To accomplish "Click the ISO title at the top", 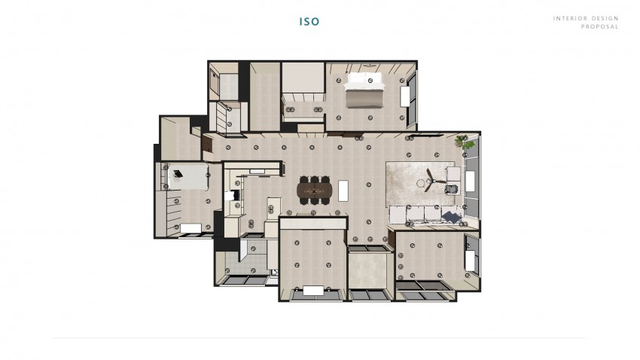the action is [309, 22].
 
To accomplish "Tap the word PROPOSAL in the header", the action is [599, 26].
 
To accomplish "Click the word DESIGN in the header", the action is [605, 18].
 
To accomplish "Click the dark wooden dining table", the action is [314, 191].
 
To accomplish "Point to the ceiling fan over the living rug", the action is [432, 180].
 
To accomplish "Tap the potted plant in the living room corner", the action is [464, 142].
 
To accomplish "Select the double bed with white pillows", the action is [365, 90].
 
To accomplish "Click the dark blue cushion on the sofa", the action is [452, 216].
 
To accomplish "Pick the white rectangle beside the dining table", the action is [343, 191].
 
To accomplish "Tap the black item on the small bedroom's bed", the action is [178, 174].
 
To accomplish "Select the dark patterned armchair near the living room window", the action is [452, 189].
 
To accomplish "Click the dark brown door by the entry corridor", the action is [207, 143].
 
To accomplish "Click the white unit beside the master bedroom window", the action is [405, 96].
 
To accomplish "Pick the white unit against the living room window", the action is [470, 182].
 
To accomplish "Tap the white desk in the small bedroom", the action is [190, 228].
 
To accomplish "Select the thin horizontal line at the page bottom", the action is [319, 338].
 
